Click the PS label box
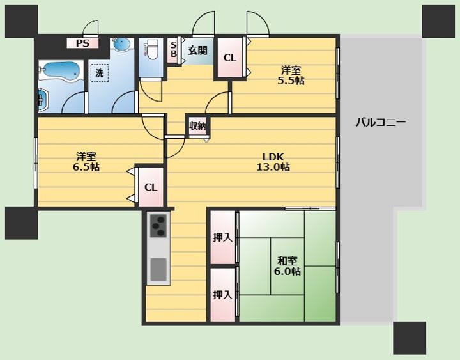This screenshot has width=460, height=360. [82, 43]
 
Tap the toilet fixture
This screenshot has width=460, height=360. [151, 50]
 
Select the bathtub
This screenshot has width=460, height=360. [59, 71]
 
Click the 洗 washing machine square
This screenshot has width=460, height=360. [100, 73]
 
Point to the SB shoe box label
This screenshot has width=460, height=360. [173, 50]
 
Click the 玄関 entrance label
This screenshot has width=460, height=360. [197, 51]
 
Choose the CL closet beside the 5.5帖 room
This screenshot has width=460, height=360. [230, 58]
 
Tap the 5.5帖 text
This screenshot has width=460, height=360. [291, 81]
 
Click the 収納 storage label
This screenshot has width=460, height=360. [197, 127]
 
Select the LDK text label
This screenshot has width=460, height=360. [273, 156]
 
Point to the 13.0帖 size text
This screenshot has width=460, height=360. [273, 167]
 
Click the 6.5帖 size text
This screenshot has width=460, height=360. [86, 167]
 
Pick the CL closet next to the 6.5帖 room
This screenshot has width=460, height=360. [151, 187]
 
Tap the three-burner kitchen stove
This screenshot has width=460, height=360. [158, 226]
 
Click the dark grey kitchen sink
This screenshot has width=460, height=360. [158, 269]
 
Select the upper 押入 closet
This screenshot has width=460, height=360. [223, 237]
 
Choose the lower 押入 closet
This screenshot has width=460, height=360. [223, 295]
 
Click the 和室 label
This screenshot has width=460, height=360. [287, 260]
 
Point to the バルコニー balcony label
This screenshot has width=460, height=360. [381, 122]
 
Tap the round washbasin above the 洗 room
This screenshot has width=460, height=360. [121, 45]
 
